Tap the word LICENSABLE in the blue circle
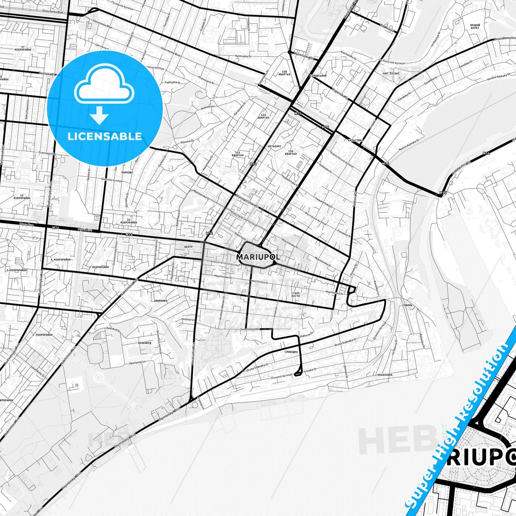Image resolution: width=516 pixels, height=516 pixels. click(105, 136)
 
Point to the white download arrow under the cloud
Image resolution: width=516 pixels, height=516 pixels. click(99, 115)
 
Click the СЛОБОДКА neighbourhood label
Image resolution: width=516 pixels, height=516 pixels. click(291, 352)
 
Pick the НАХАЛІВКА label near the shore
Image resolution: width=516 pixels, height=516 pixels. click(385, 375)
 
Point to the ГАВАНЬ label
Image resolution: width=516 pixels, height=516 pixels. click(407, 305)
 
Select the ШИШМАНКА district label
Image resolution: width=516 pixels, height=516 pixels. click(161, 301)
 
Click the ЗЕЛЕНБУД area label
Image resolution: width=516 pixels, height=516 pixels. click(145, 343)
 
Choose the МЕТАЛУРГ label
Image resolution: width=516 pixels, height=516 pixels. click(275, 146)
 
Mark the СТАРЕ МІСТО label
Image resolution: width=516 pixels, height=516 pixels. click(296, 294)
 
